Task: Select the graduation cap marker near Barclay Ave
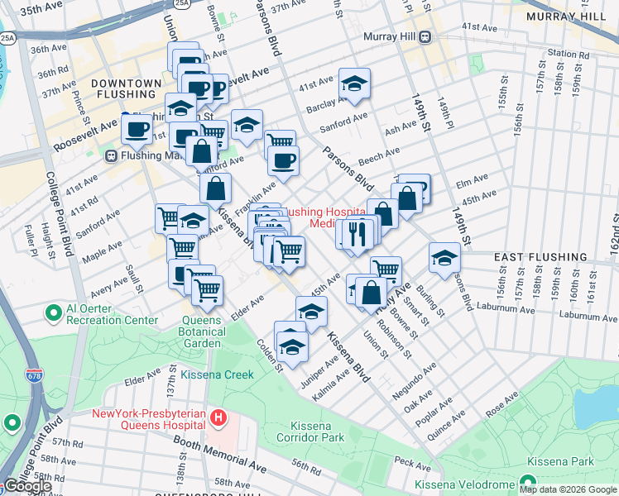[354, 83]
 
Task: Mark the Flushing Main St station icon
[110, 155]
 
